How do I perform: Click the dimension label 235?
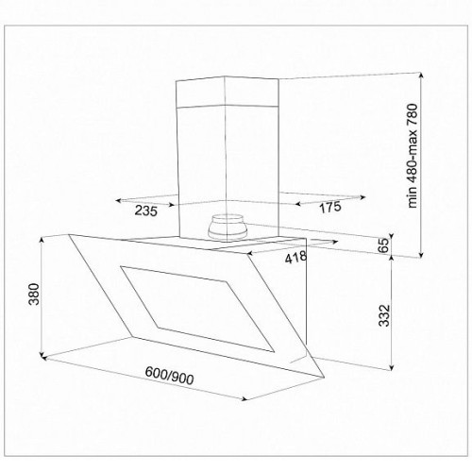click(146, 211)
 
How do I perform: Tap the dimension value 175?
click(330, 207)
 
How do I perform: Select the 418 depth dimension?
click(295, 257)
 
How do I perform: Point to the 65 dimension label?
click(383, 245)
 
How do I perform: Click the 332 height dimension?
click(384, 315)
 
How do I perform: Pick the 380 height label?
click(34, 295)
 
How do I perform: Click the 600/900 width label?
click(169, 376)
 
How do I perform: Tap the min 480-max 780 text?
click(413, 156)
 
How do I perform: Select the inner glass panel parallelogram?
click(197, 309)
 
